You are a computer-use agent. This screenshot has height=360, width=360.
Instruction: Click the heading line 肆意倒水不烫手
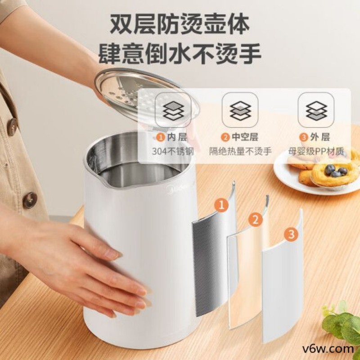coord(180,54)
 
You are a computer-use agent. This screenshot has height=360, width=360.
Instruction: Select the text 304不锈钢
coord(173,151)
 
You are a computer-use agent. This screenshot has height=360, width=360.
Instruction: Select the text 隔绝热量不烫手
coord(240,151)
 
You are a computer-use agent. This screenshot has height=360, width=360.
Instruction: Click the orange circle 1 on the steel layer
coord(220,206)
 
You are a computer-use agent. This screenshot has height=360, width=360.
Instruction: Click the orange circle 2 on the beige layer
coord(256,220)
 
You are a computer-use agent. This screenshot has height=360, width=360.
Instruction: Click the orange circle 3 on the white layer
coord(291,234)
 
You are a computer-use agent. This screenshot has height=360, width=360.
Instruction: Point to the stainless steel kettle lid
coord(135,92)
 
